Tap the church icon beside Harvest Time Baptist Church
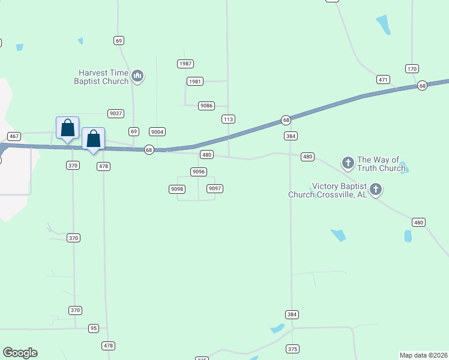click(137, 76)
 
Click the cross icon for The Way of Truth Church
click(348, 163)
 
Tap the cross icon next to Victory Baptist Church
click(376, 190)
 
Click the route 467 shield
click(14, 136)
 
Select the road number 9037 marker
click(116, 113)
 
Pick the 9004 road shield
click(157, 131)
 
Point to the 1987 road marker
click(185, 64)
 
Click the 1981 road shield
click(194, 81)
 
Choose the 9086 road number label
click(206, 106)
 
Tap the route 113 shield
click(228, 119)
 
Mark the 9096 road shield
click(199, 172)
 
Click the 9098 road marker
click(176, 189)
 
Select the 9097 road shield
click(215, 188)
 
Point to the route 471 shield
click(384, 79)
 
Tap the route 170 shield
click(412, 68)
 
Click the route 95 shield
click(93, 328)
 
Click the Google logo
click(20, 353)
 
